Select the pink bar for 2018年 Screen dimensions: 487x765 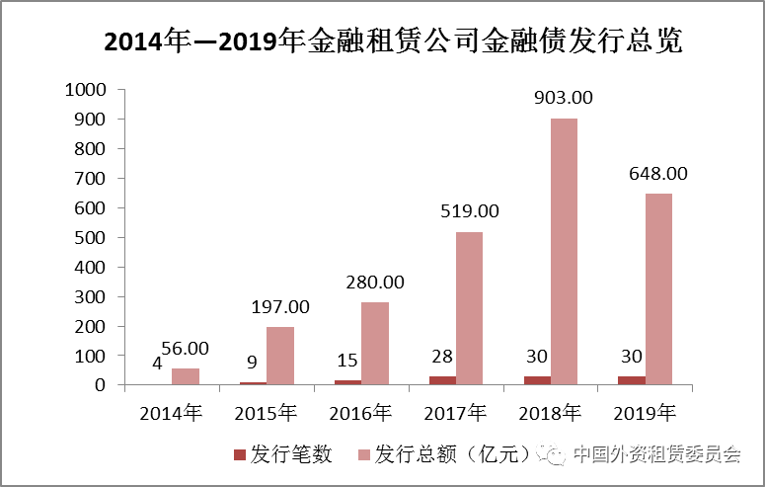pos(564,251)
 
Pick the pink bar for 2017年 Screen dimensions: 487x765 pos(469,307)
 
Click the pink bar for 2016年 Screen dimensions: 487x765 pos(374,343)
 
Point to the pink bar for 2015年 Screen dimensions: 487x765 pos(280,355)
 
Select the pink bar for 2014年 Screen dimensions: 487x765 pos(185,376)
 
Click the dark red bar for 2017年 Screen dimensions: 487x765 pos(442,380)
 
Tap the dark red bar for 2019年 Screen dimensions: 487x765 pos(632,379)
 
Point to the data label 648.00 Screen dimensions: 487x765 pos(658,173)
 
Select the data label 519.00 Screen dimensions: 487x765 pos(469,210)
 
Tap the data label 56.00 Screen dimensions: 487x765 pos(185,348)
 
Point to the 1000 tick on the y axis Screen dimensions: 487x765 pos(85,90)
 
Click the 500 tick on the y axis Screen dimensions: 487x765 pos(90,237)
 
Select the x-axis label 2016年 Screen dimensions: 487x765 pos(360,412)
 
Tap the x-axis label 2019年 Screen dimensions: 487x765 pos(646,412)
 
